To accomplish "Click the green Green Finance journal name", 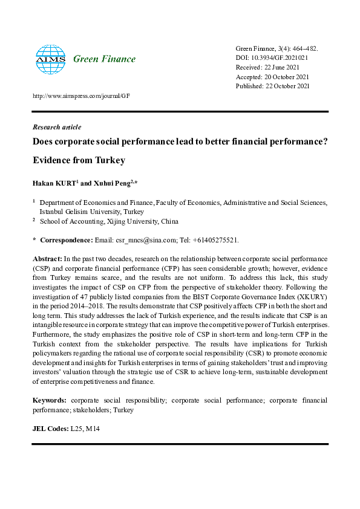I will click(104, 59).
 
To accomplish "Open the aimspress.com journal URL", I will click(81, 96).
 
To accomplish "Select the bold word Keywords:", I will click(49, 400).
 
